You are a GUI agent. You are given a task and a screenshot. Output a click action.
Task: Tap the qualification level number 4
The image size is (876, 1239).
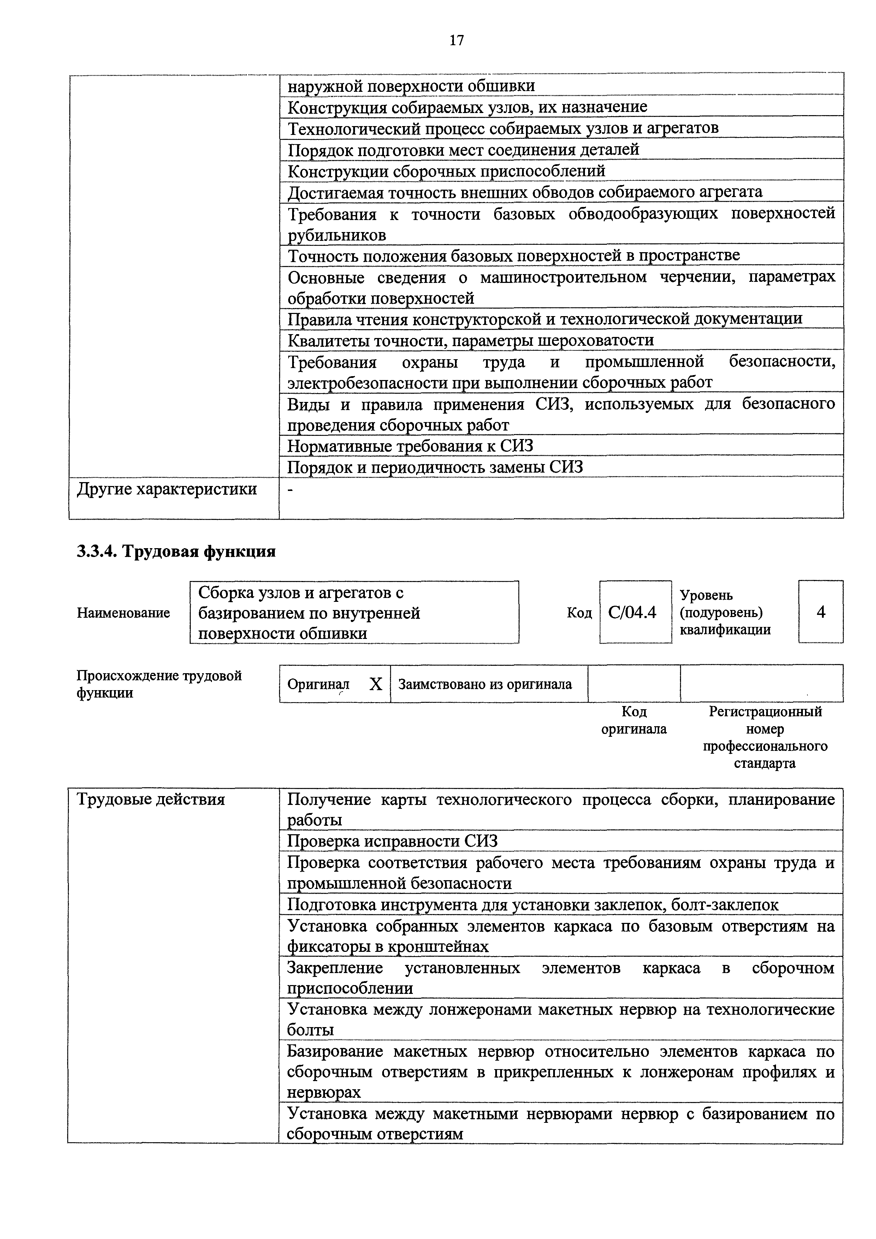tap(821, 612)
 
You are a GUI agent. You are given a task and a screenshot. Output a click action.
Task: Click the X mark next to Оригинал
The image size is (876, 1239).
tap(376, 684)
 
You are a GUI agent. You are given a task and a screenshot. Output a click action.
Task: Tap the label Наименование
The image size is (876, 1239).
tap(124, 613)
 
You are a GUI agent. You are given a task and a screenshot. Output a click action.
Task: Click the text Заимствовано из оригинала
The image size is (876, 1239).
tap(485, 684)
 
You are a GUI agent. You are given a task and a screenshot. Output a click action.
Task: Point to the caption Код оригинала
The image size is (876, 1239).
tap(634, 721)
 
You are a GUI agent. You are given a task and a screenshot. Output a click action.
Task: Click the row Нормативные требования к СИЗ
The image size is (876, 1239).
tap(410, 446)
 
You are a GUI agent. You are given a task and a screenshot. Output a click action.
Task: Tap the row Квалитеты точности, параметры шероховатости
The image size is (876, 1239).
tap(470, 340)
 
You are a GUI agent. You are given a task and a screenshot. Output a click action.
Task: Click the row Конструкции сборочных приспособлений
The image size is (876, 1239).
tap(446, 171)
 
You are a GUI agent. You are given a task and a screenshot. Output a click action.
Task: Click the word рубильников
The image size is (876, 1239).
tap(337, 235)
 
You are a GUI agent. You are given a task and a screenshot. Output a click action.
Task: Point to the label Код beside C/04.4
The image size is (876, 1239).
tap(579, 613)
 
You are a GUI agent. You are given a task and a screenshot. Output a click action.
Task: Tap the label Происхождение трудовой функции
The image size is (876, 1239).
tap(159, 684)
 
